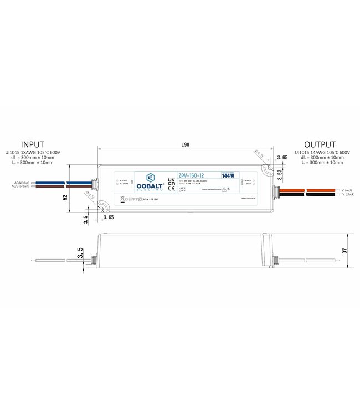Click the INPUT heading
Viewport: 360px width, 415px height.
(x=32, y=144)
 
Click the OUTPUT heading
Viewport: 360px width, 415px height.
(x=320, y=144)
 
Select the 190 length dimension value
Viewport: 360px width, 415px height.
(x=185, y=145)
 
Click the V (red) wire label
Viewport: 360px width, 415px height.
(x=347, y=190)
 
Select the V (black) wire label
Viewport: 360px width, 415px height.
(x=348, y=195)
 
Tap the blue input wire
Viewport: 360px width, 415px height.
(x=61, y=183)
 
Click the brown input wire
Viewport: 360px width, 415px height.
(x=61, y=186)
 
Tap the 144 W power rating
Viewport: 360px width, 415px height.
(x=228, y=175)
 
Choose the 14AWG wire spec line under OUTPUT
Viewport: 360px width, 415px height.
(x=322, y=152)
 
